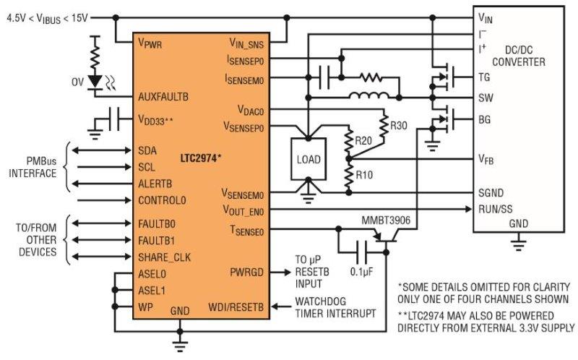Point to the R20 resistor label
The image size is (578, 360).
363,140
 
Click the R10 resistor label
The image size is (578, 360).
363,175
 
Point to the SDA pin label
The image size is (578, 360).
147,150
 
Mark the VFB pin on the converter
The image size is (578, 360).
486,158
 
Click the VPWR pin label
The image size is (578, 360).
150,43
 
